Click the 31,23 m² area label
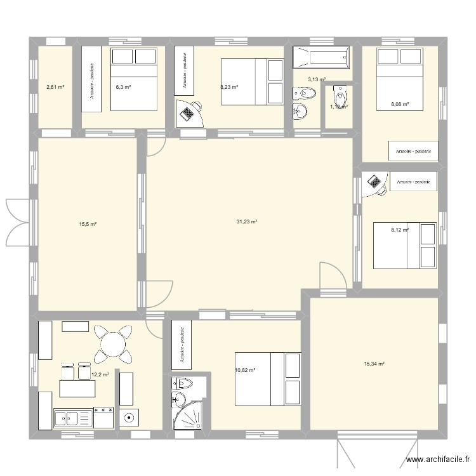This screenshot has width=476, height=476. click(246, 221)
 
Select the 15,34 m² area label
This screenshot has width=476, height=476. click(374, 364)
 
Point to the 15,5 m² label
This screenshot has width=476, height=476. click(88, 224)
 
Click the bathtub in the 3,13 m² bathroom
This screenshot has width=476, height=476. click(321, 57)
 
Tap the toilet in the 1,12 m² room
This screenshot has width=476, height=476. click(340, 98)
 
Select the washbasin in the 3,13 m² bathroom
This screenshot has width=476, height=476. click(300, 112)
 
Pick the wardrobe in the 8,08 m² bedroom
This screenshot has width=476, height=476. click(413, 151)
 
